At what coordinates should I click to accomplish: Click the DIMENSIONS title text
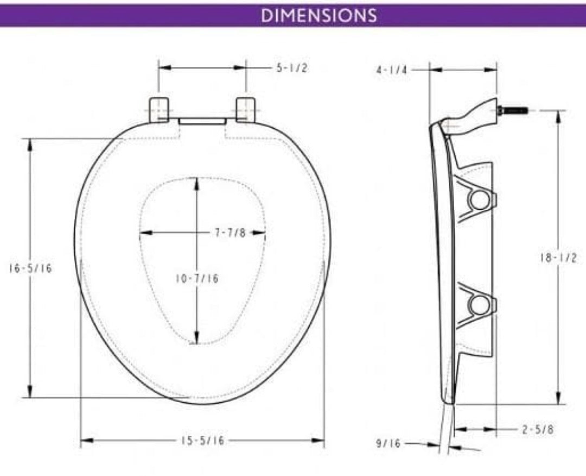319,15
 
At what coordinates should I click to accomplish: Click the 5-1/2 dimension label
292,68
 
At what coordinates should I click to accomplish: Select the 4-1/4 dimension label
392,71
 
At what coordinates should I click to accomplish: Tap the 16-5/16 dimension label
30,268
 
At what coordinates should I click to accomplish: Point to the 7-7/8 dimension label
230,233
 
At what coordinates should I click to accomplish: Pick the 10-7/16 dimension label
196,279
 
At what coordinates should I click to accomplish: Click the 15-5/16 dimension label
202,441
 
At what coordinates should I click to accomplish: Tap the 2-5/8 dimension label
538,429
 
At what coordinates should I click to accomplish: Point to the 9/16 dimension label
388,443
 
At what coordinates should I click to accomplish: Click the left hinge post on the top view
158,109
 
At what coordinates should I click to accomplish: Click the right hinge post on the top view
245,109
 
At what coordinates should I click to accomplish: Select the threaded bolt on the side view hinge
513,110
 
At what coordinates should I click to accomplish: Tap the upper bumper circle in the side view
479,200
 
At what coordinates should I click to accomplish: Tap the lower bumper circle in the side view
479,305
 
